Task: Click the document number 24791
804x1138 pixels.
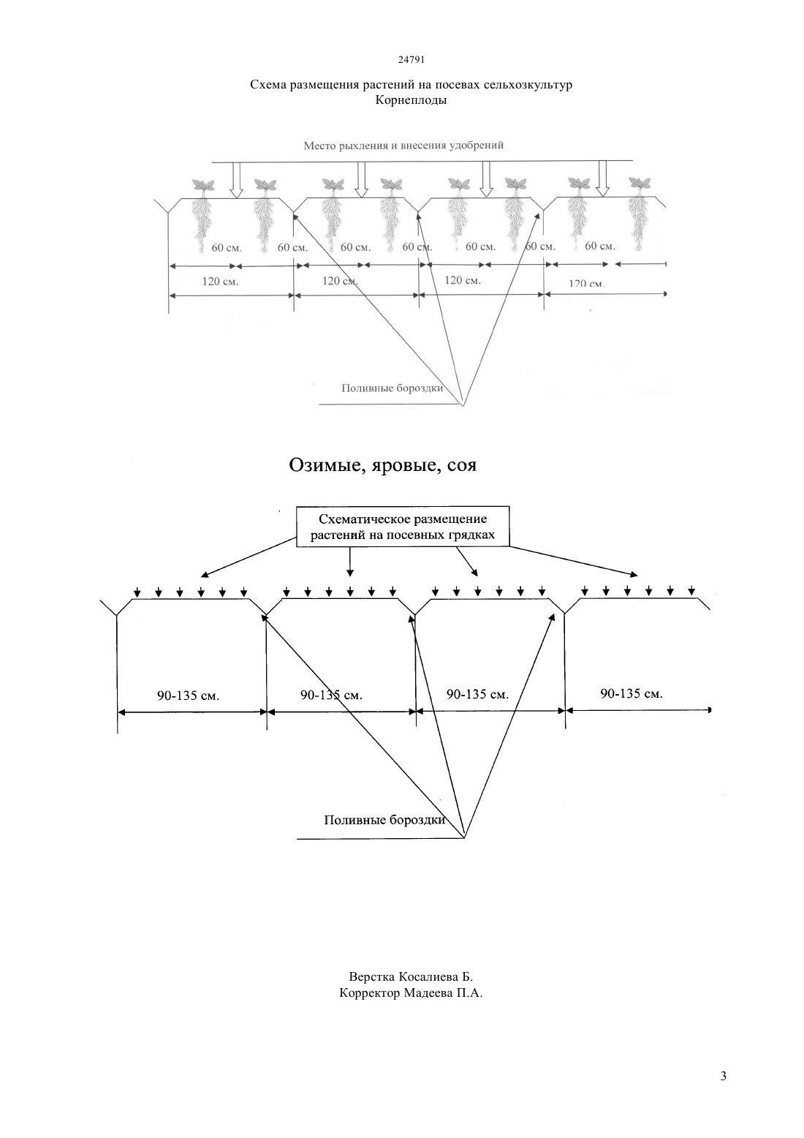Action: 411,59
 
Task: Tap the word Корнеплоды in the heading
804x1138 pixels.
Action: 411,100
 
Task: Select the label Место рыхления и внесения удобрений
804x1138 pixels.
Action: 403,146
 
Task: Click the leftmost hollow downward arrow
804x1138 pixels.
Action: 236,180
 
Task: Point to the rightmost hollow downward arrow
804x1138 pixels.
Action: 602,178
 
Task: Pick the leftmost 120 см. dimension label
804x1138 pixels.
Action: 220,282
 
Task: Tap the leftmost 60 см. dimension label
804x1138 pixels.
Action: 227,248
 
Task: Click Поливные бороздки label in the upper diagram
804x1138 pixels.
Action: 392,388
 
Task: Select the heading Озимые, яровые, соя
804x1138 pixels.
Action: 383,465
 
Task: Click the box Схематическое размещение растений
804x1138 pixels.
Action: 403,527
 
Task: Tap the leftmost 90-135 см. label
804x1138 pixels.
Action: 188,696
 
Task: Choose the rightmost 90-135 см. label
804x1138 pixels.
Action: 632,693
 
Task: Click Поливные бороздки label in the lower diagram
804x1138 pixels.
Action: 384,820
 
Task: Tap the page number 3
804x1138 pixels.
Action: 724,1076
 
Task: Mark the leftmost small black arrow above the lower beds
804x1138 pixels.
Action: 137,592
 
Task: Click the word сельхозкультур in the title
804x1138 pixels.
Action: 528,84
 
